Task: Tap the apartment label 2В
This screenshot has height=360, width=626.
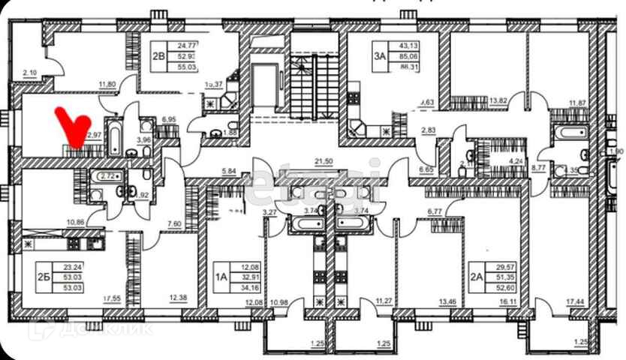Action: click(x=158, y=54)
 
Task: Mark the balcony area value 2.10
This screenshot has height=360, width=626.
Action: click(x=30, y=73)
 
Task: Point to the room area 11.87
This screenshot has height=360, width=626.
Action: click(x=577, y=103)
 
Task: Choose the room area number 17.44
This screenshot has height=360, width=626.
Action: click(x=576, y=301)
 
